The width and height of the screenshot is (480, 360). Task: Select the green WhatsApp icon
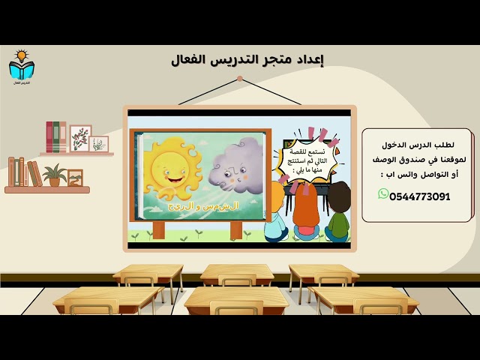[x=384, y=194]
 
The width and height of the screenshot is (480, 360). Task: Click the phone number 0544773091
[x=420, y=196]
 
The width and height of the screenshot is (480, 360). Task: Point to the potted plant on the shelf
[x=54, y=175]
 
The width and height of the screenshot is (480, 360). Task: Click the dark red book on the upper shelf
[x=49, y=137]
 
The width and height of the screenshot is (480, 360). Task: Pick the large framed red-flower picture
[x=80, y=138]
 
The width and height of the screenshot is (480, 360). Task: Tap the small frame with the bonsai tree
[x=74, y=178]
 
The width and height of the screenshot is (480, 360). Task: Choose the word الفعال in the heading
[x=193, y=60]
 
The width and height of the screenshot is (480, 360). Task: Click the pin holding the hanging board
[x=240, y=78]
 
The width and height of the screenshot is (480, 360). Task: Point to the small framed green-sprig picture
[x=99, y=143]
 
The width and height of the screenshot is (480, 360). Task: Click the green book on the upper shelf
[x=62, y=137]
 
